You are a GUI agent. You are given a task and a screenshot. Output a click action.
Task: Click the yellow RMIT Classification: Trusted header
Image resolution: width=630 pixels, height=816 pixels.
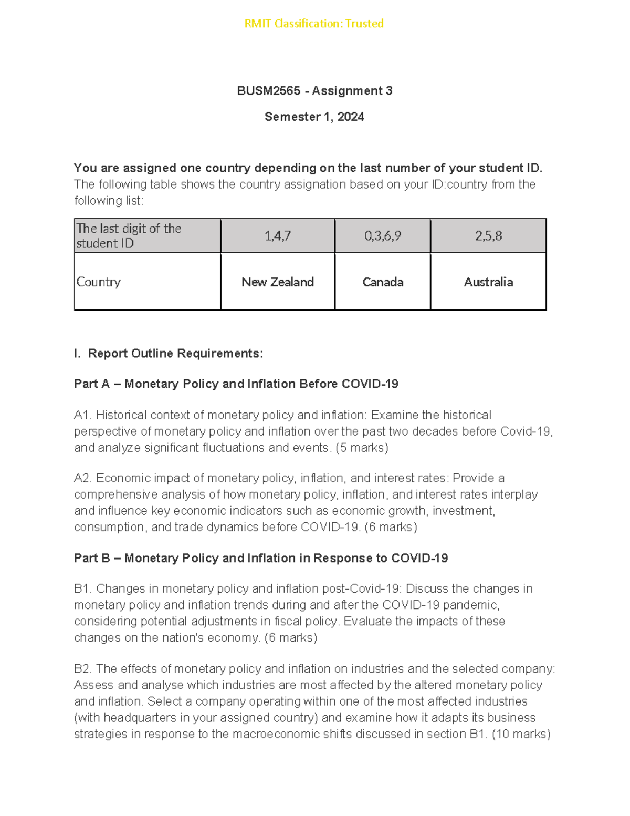click(314, 24)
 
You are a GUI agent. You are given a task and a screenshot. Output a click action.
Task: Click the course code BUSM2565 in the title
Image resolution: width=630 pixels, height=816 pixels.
click(268, 91)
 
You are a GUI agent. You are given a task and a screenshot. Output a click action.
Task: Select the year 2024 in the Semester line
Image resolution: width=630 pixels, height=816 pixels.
click(351, 117)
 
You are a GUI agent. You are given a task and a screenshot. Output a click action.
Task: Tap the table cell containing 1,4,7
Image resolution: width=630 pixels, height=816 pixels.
click(278, 236)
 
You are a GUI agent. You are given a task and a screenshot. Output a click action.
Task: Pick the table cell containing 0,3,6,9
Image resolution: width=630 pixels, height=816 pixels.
click(383, 236)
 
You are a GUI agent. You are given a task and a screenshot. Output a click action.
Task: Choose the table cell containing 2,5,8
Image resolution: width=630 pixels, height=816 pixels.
click(488, 236)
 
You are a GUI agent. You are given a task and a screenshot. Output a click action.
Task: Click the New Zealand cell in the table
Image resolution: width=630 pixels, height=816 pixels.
click(278, 282)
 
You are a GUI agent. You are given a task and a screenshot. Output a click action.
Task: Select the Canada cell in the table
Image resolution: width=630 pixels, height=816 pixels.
click(383, 282)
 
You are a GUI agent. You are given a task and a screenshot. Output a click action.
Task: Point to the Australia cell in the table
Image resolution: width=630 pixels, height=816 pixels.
click(488, 282)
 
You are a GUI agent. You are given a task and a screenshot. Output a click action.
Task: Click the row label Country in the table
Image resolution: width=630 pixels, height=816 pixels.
click(99, 282)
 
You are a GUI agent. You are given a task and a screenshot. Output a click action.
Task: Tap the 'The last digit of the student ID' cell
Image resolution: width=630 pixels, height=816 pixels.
click(129, 236)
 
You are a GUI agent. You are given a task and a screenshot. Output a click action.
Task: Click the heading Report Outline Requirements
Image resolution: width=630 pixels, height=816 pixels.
click(175, 354)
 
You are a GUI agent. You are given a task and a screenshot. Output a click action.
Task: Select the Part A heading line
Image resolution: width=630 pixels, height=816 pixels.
click(236, 384)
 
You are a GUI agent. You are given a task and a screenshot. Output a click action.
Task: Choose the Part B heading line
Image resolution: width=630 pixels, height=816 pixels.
click(260, 558)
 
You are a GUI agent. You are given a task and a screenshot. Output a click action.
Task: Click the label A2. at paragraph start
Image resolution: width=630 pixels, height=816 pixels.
click(83, 478)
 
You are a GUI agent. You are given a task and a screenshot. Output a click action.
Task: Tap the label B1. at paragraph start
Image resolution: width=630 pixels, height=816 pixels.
click(83, 588)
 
